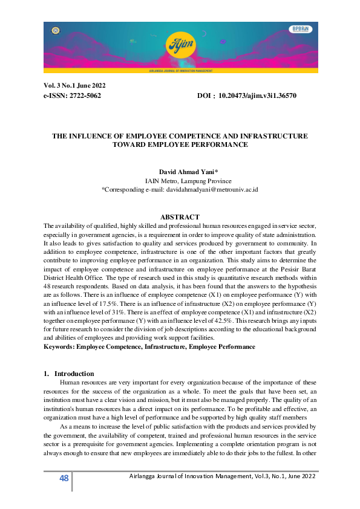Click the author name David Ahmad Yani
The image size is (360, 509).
(x=180, y=172)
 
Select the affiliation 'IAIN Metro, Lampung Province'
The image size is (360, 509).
(x=180, y=181)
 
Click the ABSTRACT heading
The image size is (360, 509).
(x=180, y=216)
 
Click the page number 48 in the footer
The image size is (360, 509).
(x=64, y=479)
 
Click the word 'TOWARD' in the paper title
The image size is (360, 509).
(x=130, y=145)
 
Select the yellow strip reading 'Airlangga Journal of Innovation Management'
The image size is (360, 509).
(x=180, y=70)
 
